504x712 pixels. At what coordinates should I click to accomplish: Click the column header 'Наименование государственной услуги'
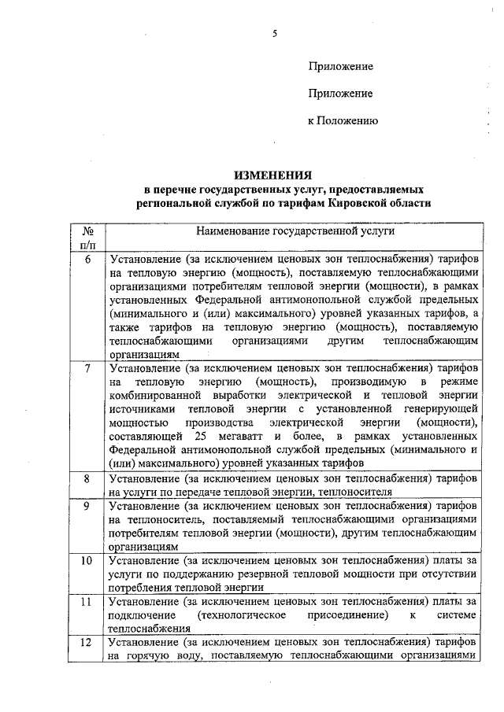pos(295,232)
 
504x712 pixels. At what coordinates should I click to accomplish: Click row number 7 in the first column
pos(88,367)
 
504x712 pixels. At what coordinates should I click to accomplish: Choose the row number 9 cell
pos(88,505)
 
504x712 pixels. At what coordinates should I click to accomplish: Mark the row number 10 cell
pos(88,561)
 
